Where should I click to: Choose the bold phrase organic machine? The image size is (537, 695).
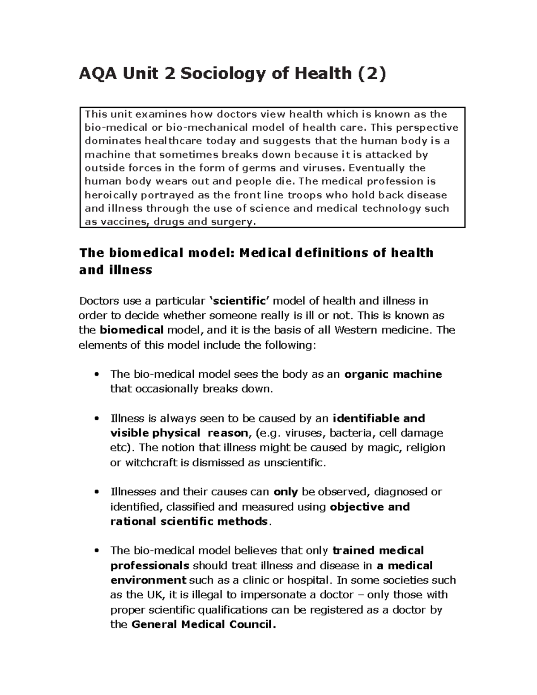click(x=393, y=374)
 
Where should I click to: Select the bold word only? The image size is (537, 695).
click(x=286, y=492)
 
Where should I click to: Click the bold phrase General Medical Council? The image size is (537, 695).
click(x=204, y=624)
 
